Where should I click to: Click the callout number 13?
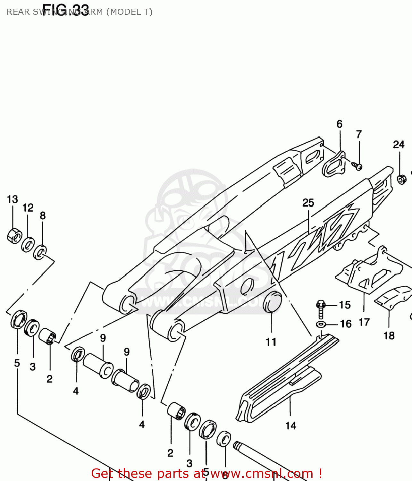tap(13, 199)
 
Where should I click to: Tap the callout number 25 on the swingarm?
tap(308, 203)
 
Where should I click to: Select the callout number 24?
tap(399, 145)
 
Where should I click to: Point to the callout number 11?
tap(271, 342)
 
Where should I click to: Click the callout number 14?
tap(291, 426)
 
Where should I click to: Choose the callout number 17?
tap(364, 322)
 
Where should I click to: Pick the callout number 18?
tap(389, 335)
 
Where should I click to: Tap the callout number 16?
tap(346, 324)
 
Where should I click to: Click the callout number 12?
tap(28, 208)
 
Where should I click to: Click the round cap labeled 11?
tap(272, 302)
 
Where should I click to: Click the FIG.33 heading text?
tap(65, 9)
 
